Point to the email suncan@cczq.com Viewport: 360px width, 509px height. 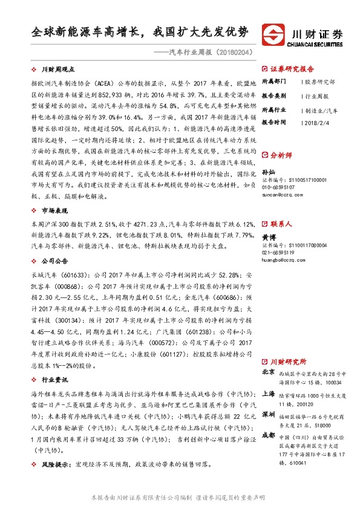[x=279, y=195]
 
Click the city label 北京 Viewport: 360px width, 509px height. [x=269, y=372]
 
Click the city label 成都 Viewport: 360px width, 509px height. [x=269, y=435]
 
